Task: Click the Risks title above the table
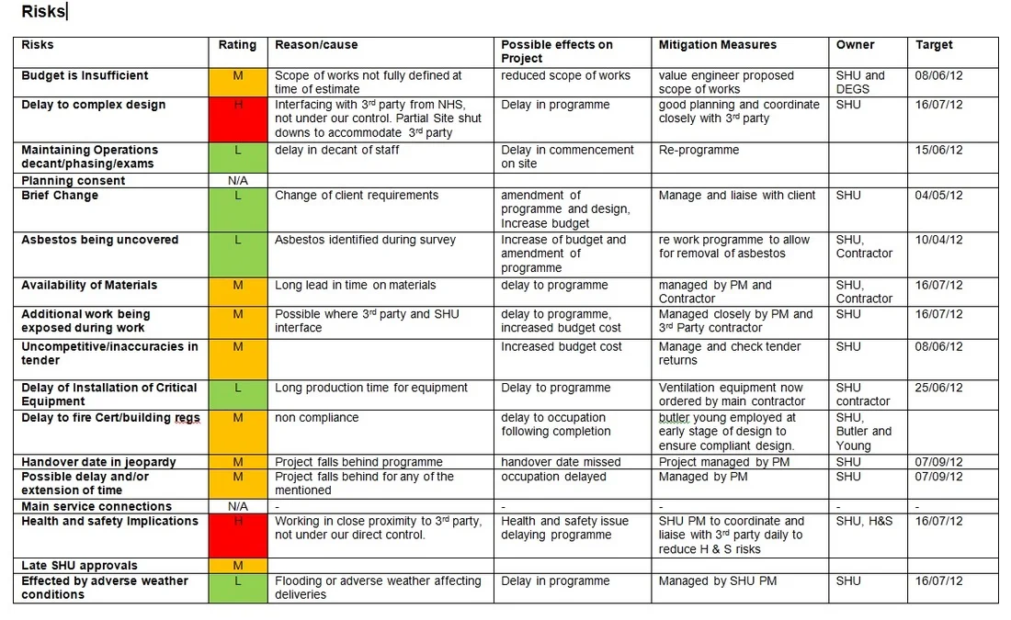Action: [43, 12]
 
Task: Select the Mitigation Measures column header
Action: [717, 45]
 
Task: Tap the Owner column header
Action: [855, 45]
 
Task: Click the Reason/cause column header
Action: [316, 45]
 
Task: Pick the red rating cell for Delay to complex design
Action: [238, 118]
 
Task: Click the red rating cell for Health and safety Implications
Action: [238, 535]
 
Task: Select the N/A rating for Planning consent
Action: [238, 181]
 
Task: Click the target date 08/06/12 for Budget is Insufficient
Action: [939, 76]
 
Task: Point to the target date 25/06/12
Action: [939, 389]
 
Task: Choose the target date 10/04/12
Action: [939, 241]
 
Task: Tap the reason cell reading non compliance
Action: [317, 418]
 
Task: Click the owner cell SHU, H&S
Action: [862, 522]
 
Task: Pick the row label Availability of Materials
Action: [89, 286]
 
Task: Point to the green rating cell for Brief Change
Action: [238, 209]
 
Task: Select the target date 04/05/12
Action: [939, 196]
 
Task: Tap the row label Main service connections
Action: [97, 507]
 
